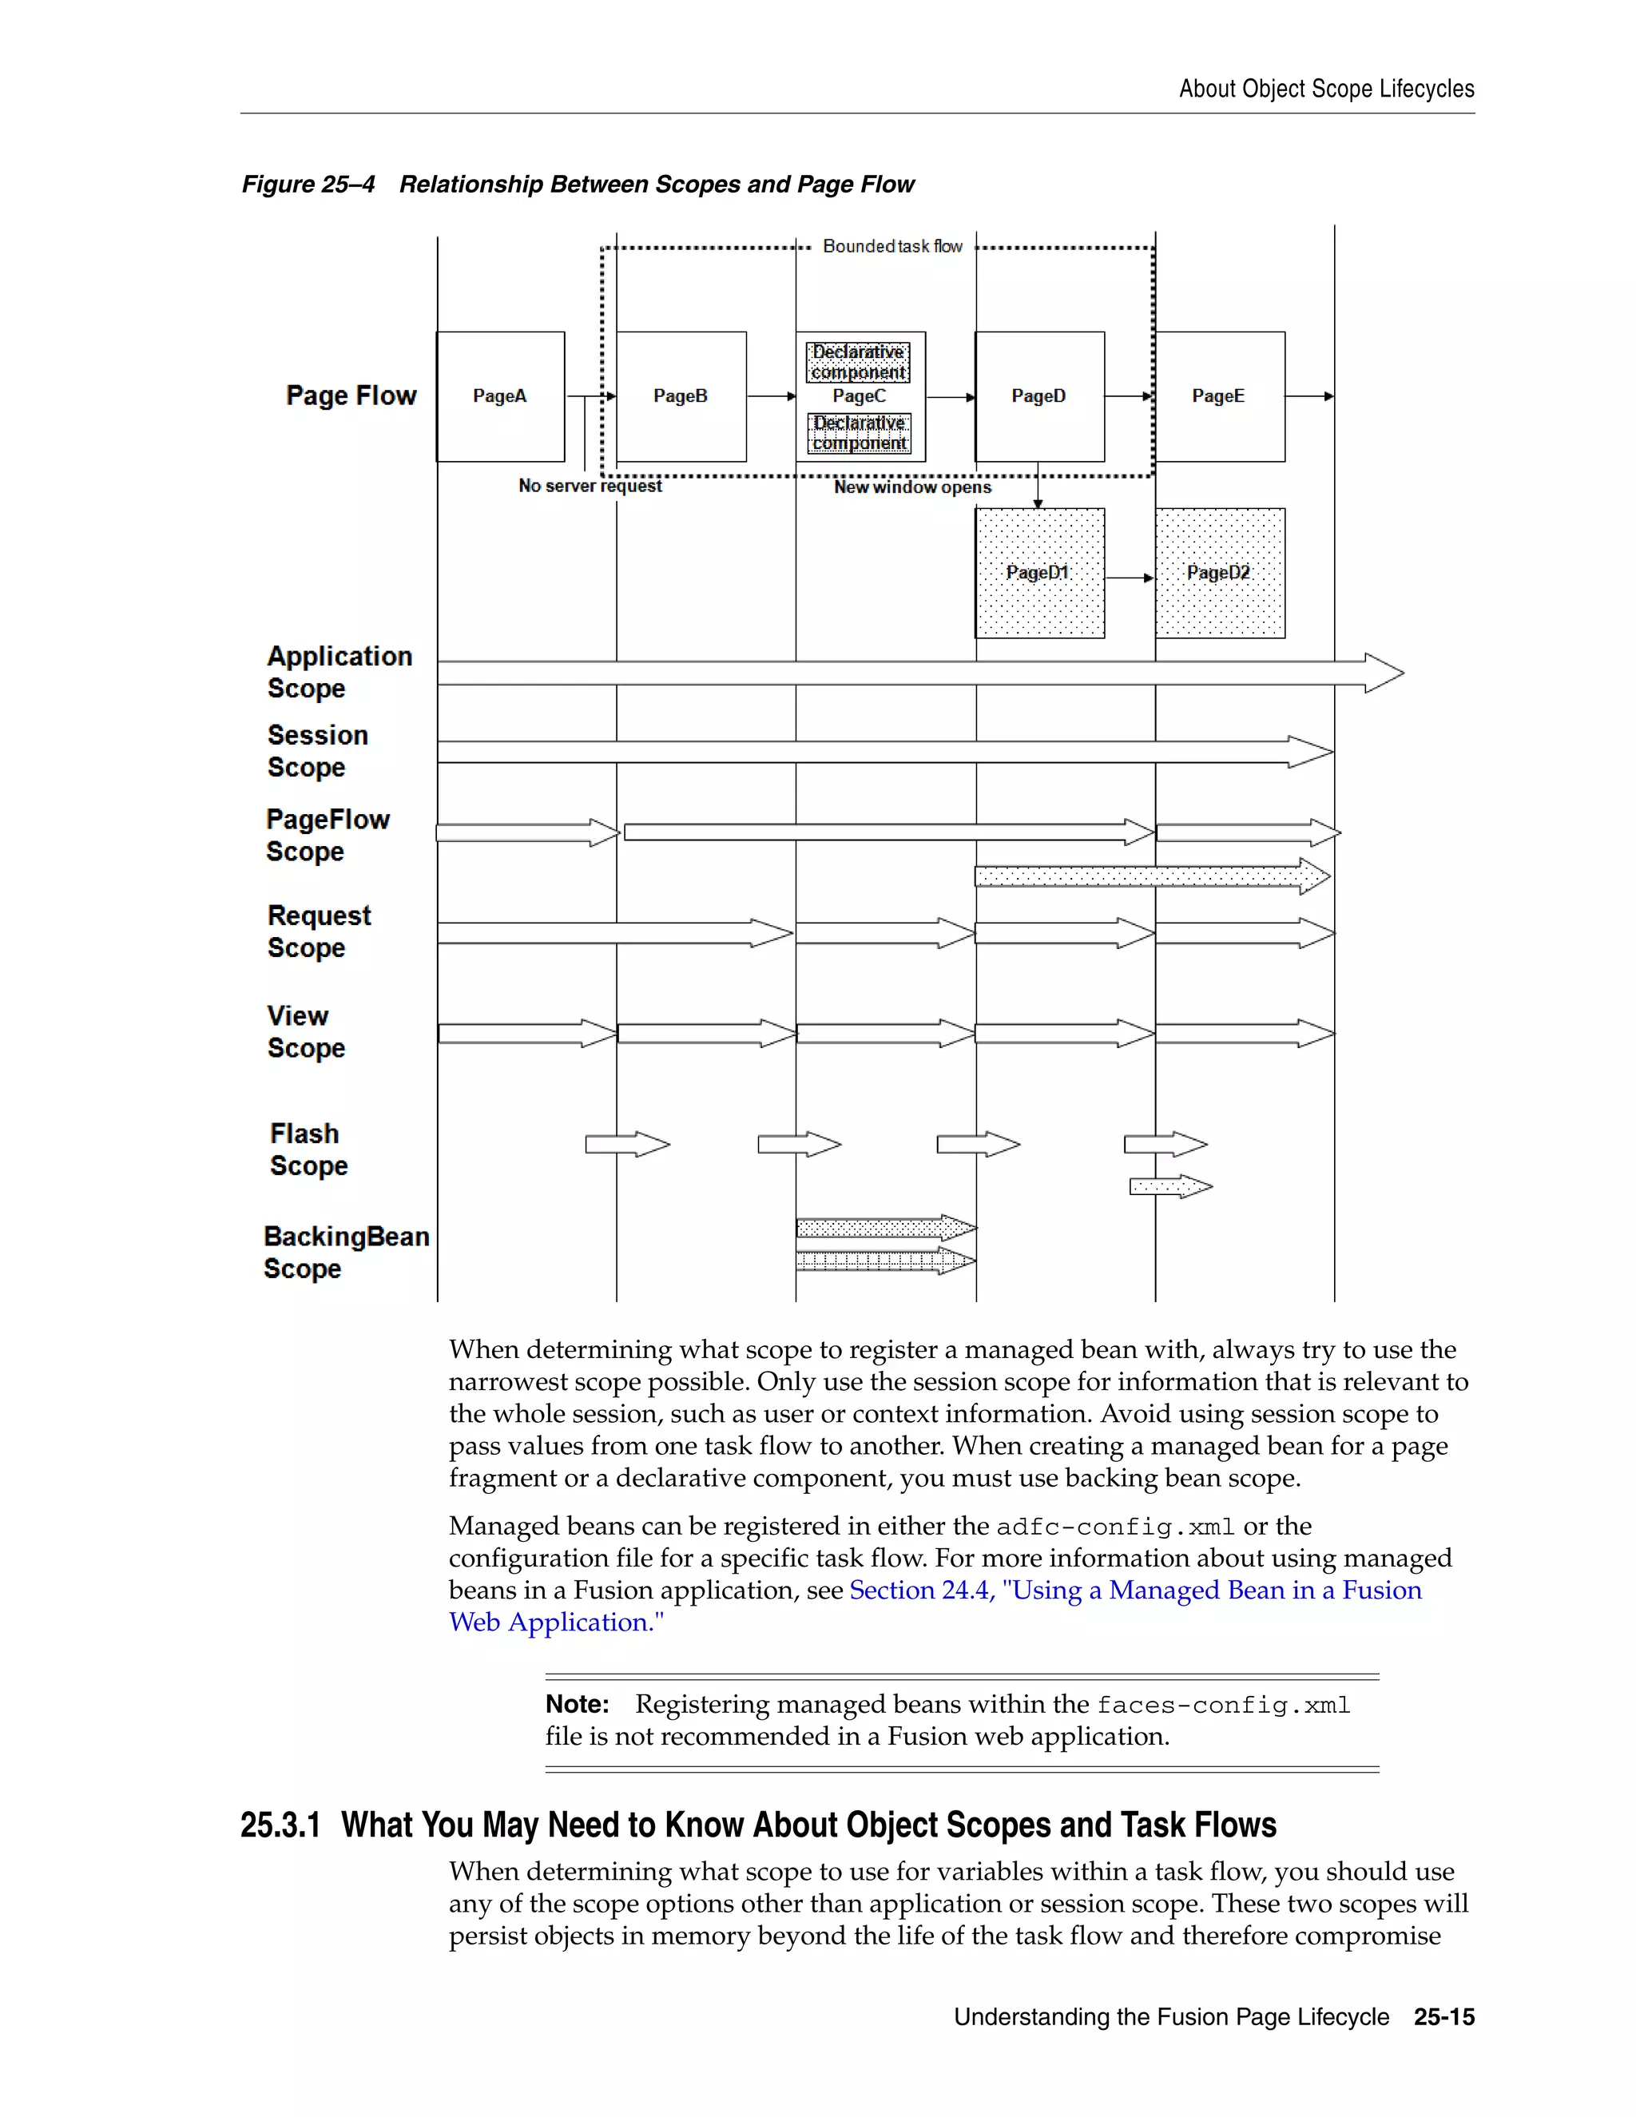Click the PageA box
pos(500,396)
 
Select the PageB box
pos(681,396)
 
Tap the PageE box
pos(1219,396)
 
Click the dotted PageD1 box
pos(1039,573)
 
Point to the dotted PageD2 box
pos(1219,573)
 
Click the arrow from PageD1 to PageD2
pos(1129,578)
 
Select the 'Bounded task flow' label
pos(891,246)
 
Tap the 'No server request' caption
pos(590,486)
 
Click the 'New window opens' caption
pos(912,487)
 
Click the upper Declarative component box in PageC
pos(859,362)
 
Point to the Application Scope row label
pos(340,672)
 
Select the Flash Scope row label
pos(308,1150)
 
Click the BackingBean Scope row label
pos(345,1253)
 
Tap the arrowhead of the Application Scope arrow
pos(1384,673)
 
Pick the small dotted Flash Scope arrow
pos(1169,1186)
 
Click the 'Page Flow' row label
pos(351,395)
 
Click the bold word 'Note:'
pos(577,1704)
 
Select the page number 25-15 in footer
pos(1443,2017)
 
